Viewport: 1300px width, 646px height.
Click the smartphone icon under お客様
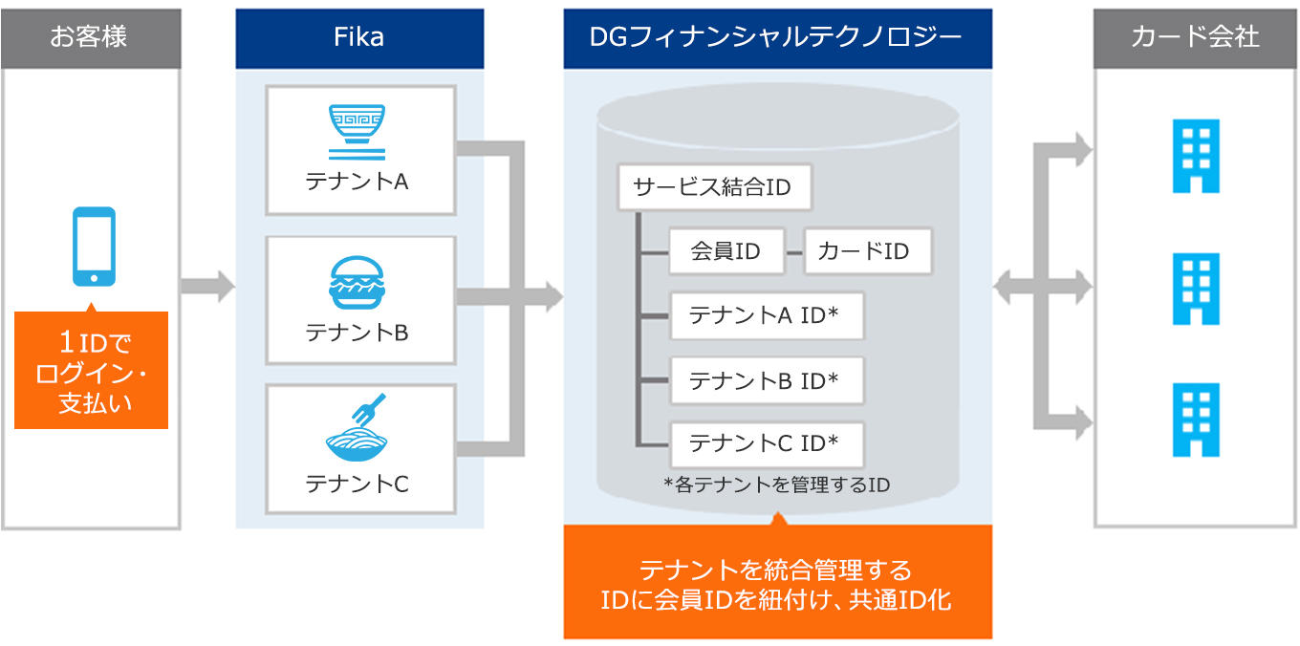(94, 247)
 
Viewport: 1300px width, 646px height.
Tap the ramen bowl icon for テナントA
(357, 132)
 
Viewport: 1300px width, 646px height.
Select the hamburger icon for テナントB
(357, 283)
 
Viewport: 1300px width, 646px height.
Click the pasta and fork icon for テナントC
(357, 427)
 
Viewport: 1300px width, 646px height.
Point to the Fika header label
(358, 37)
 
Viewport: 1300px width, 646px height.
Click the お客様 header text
(88, 36)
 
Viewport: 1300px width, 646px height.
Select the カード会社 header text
(1195, 36)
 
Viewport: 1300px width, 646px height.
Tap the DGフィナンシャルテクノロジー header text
(776, 37)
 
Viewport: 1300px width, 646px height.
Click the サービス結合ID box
(714, 187)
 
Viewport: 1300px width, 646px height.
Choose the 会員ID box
(726, 250)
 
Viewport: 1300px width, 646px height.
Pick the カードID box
(868, 250)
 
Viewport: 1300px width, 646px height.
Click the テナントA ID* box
(767, 315)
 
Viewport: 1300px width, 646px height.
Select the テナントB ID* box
(767, 380)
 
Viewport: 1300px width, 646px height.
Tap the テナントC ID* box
(767, 444)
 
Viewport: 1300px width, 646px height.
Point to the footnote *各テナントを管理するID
(777, 484)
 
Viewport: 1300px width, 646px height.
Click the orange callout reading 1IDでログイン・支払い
(91, 370)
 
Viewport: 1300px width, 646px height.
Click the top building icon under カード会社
(1196, 156)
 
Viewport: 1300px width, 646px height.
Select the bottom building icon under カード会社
(1196, 420)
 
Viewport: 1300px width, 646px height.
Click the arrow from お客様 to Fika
(207, 286)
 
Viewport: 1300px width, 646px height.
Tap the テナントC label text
(357, 484)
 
